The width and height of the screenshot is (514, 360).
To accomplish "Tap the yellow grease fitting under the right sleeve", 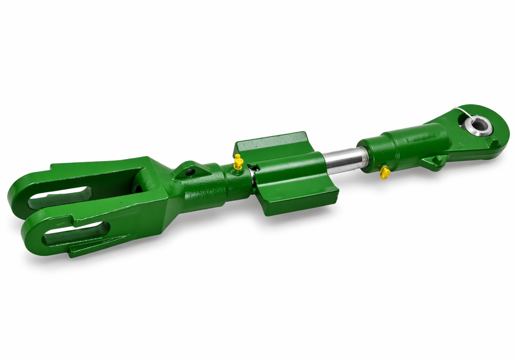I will coord(385,173).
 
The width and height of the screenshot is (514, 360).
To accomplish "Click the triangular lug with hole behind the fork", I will coord(190,170).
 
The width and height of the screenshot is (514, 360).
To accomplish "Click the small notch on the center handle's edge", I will coord(256,167).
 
